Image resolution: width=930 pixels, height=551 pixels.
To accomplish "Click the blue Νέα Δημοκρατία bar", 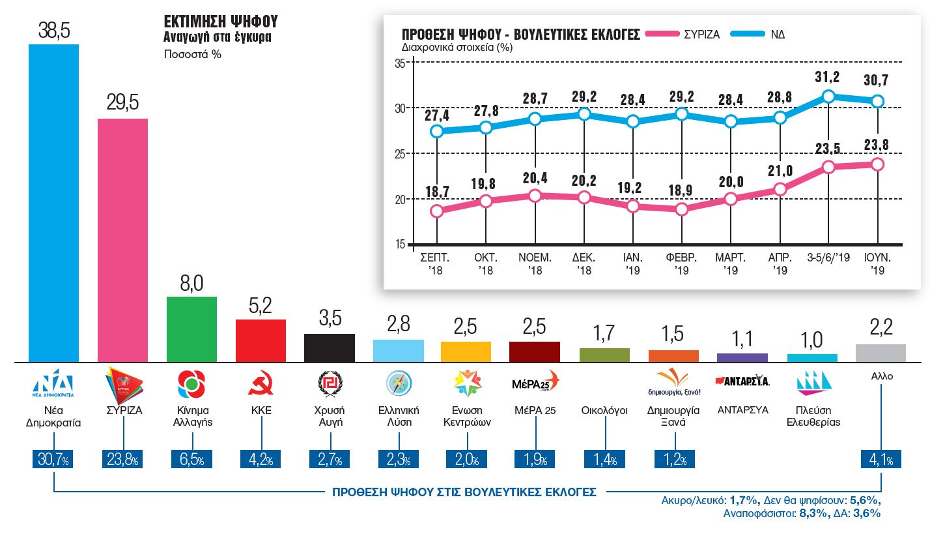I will click(x=53, y=203).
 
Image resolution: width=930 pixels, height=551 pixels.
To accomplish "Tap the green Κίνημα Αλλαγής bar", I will click(x=191, y=329).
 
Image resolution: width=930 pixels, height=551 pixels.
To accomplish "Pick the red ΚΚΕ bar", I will click(x=261, y=340).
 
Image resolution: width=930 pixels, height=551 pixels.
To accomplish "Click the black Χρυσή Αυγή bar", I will click(x=330, y=348).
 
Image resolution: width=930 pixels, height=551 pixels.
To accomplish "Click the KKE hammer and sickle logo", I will click(x=261, y=383).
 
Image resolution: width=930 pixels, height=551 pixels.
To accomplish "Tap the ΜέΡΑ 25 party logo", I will click(x=535, y=383).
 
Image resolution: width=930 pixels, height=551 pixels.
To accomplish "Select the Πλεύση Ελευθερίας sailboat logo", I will click(x=812, y=383).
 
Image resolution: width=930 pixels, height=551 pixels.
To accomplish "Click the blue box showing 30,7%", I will click(x=53, y=459).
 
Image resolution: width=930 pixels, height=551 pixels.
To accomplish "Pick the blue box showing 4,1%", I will click(x=881, y=459).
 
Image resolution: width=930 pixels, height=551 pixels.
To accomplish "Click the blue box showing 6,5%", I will click(x=191, y=459).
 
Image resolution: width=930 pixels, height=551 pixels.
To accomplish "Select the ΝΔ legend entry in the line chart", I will click(x=758, y=34).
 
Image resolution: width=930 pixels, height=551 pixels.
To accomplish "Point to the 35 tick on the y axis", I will click(x=399, y=63).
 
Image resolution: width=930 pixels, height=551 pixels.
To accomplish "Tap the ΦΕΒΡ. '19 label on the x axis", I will click(x=681, y=263).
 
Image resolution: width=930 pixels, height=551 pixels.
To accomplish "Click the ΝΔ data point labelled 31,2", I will click(x=828, y=97).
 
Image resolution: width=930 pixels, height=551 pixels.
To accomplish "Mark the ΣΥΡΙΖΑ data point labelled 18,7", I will click(x=437, y=211).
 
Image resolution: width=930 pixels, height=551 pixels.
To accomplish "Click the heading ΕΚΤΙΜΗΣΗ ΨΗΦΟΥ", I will click(x=221, y=22).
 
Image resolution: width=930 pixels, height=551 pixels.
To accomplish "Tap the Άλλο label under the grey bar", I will click(x=881, y=376).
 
